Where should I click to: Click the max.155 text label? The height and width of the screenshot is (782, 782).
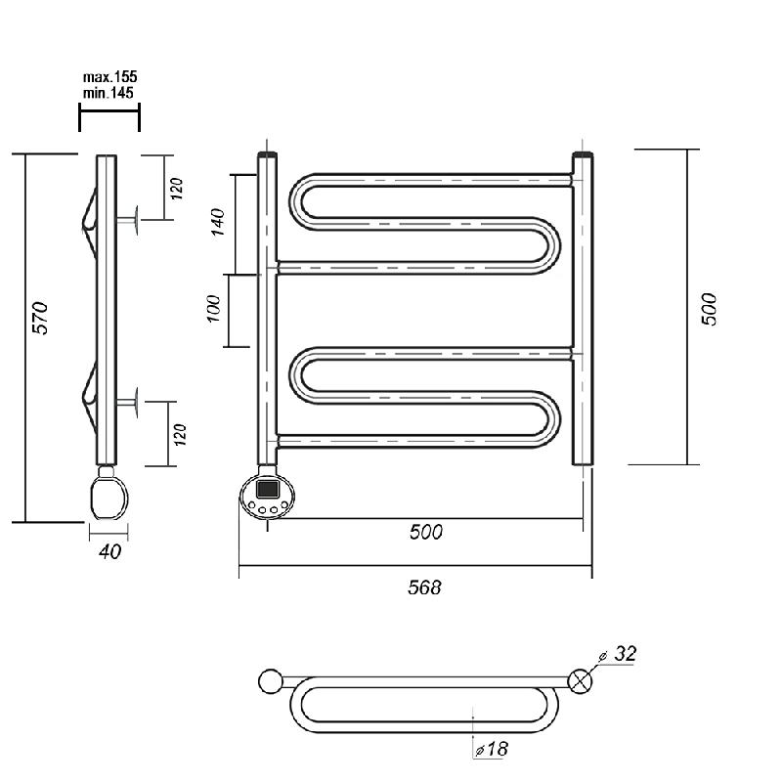(109, 77)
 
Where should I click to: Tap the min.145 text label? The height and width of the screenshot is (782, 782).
(109, 93)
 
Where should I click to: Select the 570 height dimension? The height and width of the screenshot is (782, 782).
(40, 319)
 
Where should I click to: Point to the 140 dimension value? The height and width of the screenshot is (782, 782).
(218, 222)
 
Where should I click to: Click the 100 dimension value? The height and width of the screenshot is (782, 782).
(213, 309)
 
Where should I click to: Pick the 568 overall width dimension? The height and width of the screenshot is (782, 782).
(424, 587)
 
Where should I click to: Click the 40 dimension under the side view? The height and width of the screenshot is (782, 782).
(109, 551)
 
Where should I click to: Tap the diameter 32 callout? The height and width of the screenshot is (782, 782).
(619, 654)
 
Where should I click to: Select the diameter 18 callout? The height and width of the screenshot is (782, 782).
(492, 749)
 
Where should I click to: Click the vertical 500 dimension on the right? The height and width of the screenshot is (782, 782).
(709, 309)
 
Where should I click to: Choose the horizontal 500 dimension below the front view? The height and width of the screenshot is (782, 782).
(426, 532)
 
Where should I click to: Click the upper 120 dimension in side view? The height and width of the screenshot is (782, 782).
(177, 189)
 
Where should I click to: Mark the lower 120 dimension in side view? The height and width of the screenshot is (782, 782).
(181, 435)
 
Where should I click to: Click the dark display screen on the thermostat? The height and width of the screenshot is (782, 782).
(267, 489)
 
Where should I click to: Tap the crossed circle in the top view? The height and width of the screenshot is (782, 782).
(581, 681)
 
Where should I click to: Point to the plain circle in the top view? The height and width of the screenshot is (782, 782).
(271, 681)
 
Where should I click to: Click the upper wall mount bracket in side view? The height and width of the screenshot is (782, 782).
(127, 220)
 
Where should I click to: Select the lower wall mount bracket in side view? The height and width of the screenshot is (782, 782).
(127, 402)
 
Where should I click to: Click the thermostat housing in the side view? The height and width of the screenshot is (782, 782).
(109, 498)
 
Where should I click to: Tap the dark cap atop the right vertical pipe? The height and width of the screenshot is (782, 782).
(583, 154)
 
